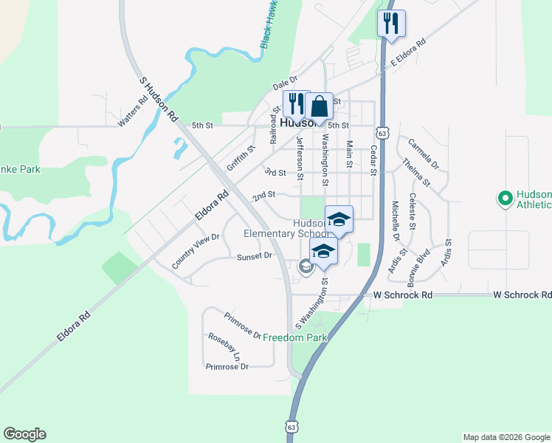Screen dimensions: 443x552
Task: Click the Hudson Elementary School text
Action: point(288,228)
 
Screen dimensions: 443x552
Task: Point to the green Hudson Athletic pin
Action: point(506,198)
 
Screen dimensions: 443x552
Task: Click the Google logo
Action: point(24,434)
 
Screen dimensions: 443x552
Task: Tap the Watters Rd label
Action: point(133,110)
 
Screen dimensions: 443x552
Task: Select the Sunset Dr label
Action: point(255,256)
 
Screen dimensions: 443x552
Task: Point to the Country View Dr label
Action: point(196,251)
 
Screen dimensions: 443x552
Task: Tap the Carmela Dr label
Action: point(423,154)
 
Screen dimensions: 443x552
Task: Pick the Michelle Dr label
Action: point(396,221)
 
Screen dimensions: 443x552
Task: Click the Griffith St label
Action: point(241,159)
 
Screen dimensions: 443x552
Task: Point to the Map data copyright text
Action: point(506,437)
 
